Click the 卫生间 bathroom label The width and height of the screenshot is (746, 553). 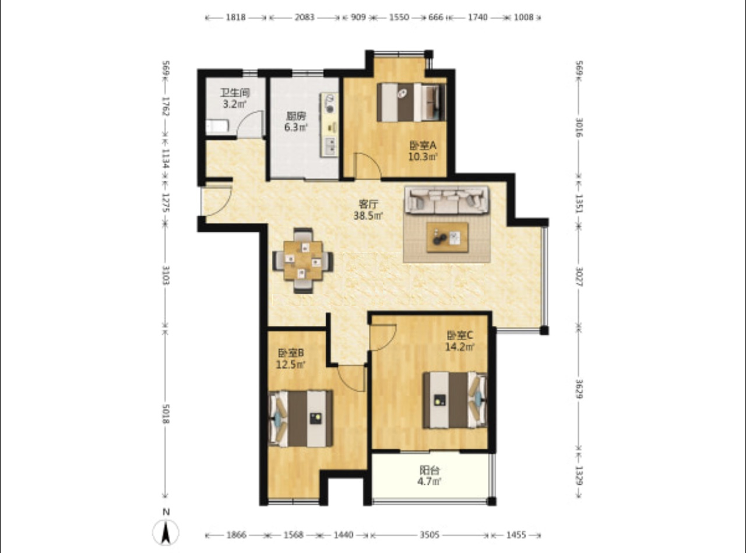point(235,92)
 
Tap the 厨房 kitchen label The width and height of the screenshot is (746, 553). point(296,117)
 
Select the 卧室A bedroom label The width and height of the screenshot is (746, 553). point(423,145)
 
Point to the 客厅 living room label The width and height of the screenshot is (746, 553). point(368,204)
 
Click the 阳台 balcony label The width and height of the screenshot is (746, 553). point(430,470)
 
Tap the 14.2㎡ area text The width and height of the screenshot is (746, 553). point(460,347)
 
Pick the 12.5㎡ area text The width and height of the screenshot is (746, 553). point(291,364)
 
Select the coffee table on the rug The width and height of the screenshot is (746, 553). point(448,237)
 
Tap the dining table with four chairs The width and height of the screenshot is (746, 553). point(303,261)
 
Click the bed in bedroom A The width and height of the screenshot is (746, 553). point(411,102)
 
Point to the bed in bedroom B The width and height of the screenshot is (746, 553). point(301,418)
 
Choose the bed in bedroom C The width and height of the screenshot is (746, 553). point(455,400)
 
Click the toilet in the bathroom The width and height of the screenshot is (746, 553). point(217,126)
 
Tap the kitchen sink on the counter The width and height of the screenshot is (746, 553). point(329,146)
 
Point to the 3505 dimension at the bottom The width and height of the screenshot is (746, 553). point(429,535)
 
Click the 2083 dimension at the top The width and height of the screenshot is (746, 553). point(304,17)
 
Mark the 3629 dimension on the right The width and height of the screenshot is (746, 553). point(579,389)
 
